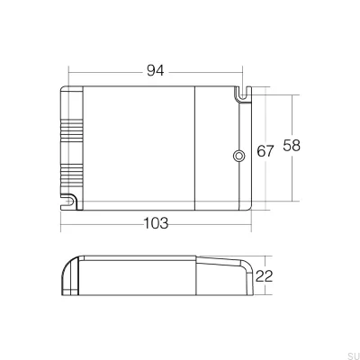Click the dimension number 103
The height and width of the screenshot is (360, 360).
point(154,223)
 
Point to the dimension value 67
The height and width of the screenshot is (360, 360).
point(265,151)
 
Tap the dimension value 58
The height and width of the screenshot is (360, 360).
point(292,145)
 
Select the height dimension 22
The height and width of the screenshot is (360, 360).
point(265,275)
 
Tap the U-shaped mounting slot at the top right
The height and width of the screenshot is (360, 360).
point(241,93)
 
